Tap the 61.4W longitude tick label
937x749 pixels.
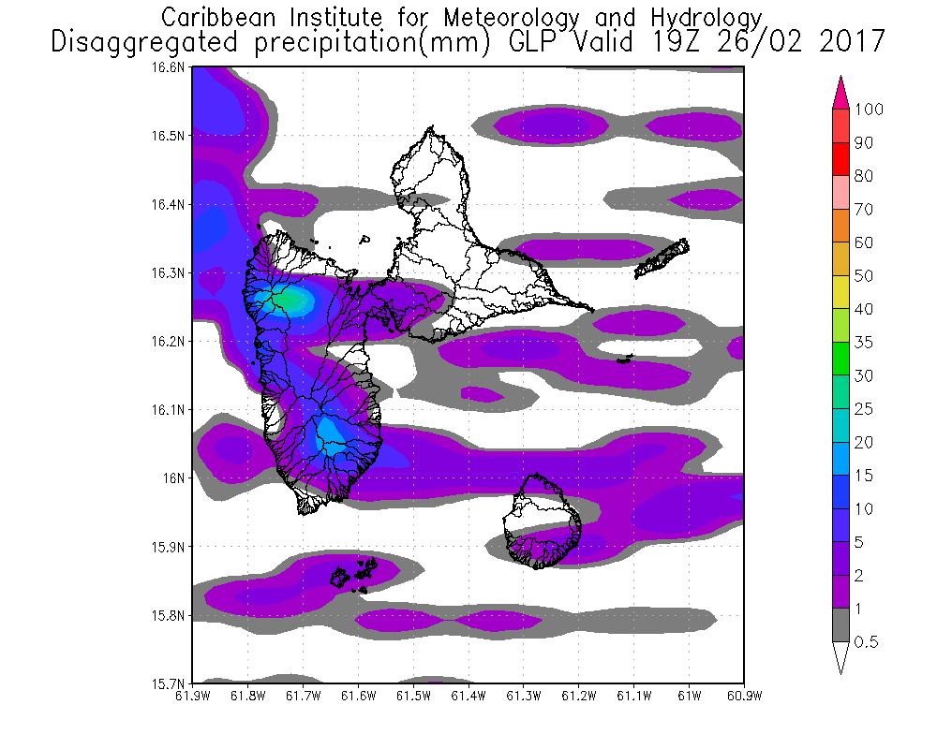(468, 696)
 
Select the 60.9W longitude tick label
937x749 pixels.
(743, 696)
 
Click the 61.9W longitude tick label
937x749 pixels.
(192, 696)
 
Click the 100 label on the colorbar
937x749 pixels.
(869, 110)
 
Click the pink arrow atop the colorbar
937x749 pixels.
(840, 90)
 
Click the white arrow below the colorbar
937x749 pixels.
(840, 658)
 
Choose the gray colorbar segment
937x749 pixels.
(840, 625)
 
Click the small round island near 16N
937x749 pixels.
(541, 521)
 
